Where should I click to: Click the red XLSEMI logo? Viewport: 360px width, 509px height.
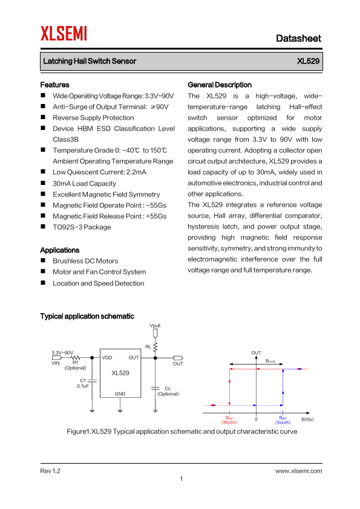[64, 33]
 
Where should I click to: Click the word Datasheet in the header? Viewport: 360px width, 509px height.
[298, 38]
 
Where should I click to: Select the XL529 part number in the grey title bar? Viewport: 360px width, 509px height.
[308, 61]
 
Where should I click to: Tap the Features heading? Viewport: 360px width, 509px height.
[54, 85]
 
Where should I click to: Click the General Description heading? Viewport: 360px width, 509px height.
[219, 85]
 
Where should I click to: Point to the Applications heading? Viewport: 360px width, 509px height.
[60, 250]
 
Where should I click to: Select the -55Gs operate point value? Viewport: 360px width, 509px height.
[156, 206]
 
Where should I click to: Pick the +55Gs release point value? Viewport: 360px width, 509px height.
[156, 216]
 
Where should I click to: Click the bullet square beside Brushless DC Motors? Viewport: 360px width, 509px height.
[43, 261]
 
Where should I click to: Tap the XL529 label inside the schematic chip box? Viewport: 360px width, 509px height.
[120, 373]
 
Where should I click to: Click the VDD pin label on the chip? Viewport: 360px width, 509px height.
[107, 358]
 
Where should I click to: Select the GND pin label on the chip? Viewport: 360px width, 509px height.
[120, 394]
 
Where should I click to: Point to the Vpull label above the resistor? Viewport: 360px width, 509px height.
[155, 325]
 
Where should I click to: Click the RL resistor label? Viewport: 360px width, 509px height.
[148, 347]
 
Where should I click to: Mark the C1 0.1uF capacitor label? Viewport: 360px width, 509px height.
[83, 383]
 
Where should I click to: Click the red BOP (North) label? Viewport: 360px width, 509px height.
[229, 420]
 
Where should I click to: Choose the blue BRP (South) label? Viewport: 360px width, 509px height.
[283, 420]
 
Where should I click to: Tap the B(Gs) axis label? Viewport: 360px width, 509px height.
[307, 420]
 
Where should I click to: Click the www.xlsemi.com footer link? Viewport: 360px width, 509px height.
[299, 471]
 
